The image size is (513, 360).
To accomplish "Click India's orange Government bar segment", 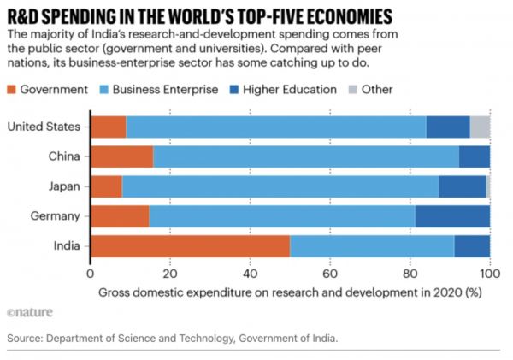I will click(x=190, y=246).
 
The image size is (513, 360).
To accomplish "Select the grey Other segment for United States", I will click(x=480, y=127).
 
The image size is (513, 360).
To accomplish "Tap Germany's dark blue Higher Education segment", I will click(x=452, y=216).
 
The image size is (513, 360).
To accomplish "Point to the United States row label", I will click(x=44, y=127).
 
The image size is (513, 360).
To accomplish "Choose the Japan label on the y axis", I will click(x=62, y=186).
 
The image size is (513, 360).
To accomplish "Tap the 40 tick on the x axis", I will click(x=250, y=274).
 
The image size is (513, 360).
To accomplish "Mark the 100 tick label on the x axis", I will click(x=490, y=274).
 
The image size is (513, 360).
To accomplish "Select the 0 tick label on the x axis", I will click(x=90, y=274).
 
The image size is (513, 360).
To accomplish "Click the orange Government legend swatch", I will click(x=13, y=89).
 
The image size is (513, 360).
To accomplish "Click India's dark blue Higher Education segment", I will click(x=472, y=246).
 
